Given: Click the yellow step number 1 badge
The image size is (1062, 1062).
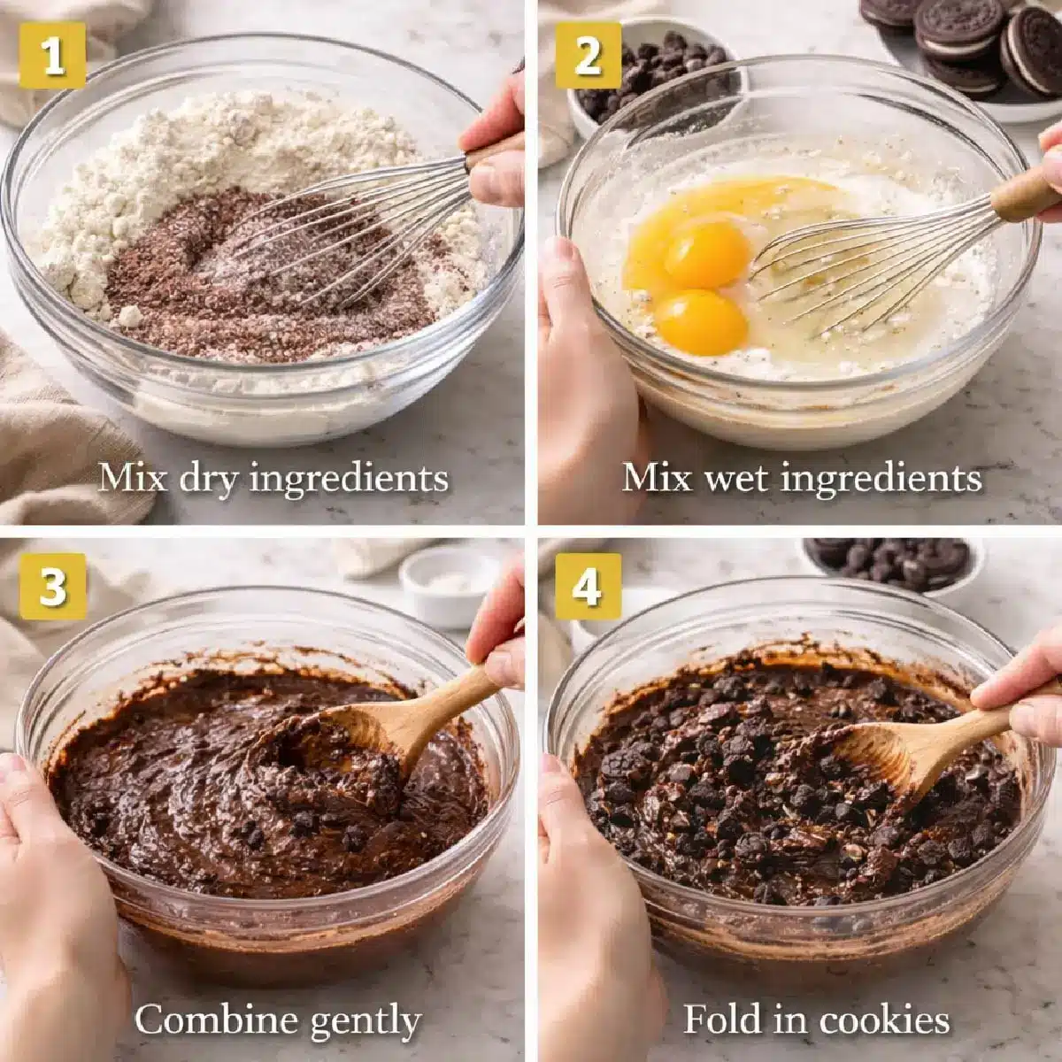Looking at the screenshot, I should (x=53, y=55).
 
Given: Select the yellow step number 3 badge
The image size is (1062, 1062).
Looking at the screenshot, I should (x=53, y=586).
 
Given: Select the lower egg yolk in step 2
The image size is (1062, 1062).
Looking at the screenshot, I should (x=701, y=322).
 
